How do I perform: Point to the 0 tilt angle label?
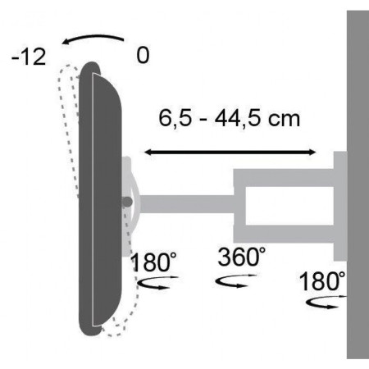tap(143, 57)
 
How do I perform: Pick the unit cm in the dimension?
tap(284, 119)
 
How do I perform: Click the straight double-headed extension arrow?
tap(230, 151)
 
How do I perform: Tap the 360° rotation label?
tap(242, 256)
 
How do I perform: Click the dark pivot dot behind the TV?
tap(126, 200)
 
